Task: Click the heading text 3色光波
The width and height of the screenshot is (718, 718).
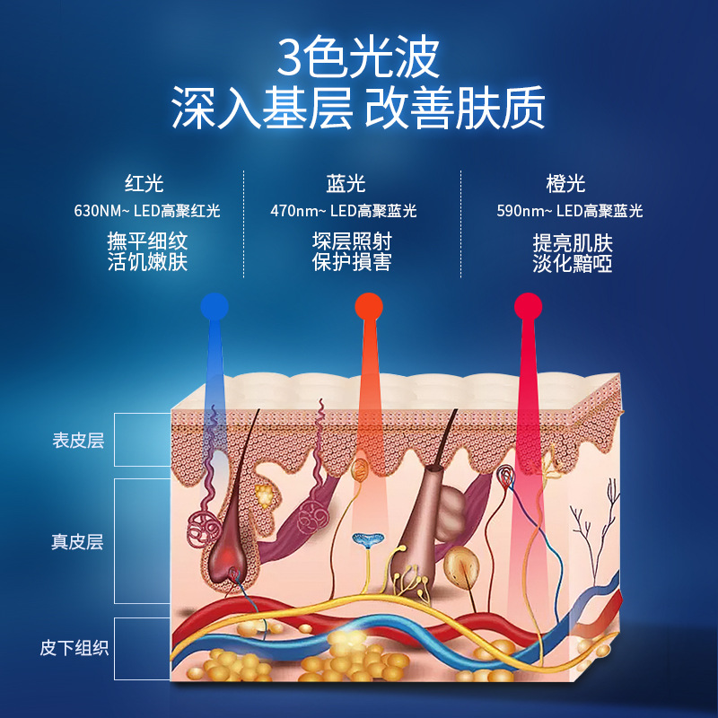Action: click(358, 58)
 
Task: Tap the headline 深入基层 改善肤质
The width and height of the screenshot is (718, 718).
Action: click(358, 110)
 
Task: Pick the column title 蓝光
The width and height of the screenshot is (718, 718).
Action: click(346, 184)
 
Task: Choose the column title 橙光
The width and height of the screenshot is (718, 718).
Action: click(565, 184)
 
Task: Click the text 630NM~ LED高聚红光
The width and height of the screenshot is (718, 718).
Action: click(147, 212)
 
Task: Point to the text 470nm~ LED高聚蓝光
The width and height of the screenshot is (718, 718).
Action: click(344, 212)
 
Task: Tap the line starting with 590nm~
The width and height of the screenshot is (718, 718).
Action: click(570, 212)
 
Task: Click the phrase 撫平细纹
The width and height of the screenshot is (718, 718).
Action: click(147, 242)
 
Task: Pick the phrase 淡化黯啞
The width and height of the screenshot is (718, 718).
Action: click(573, 264)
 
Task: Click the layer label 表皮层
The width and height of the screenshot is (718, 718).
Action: click(78, 441)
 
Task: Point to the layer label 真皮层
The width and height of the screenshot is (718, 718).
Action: click(78, 542)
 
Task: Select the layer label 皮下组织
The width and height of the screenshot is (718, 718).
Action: click(74, 647)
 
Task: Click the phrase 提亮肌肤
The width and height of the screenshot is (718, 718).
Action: click(573, 243)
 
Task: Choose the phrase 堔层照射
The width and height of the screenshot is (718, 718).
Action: click(352, 241)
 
